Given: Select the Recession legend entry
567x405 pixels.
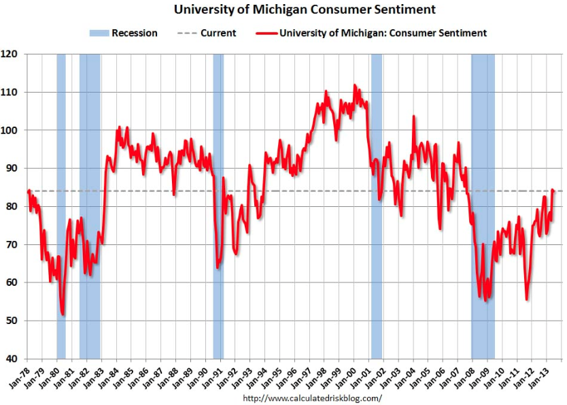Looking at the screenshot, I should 124,33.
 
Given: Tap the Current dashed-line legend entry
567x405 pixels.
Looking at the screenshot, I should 210,33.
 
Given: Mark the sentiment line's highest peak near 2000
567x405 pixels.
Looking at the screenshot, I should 354,85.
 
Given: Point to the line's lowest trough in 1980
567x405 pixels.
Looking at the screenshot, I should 63,314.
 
